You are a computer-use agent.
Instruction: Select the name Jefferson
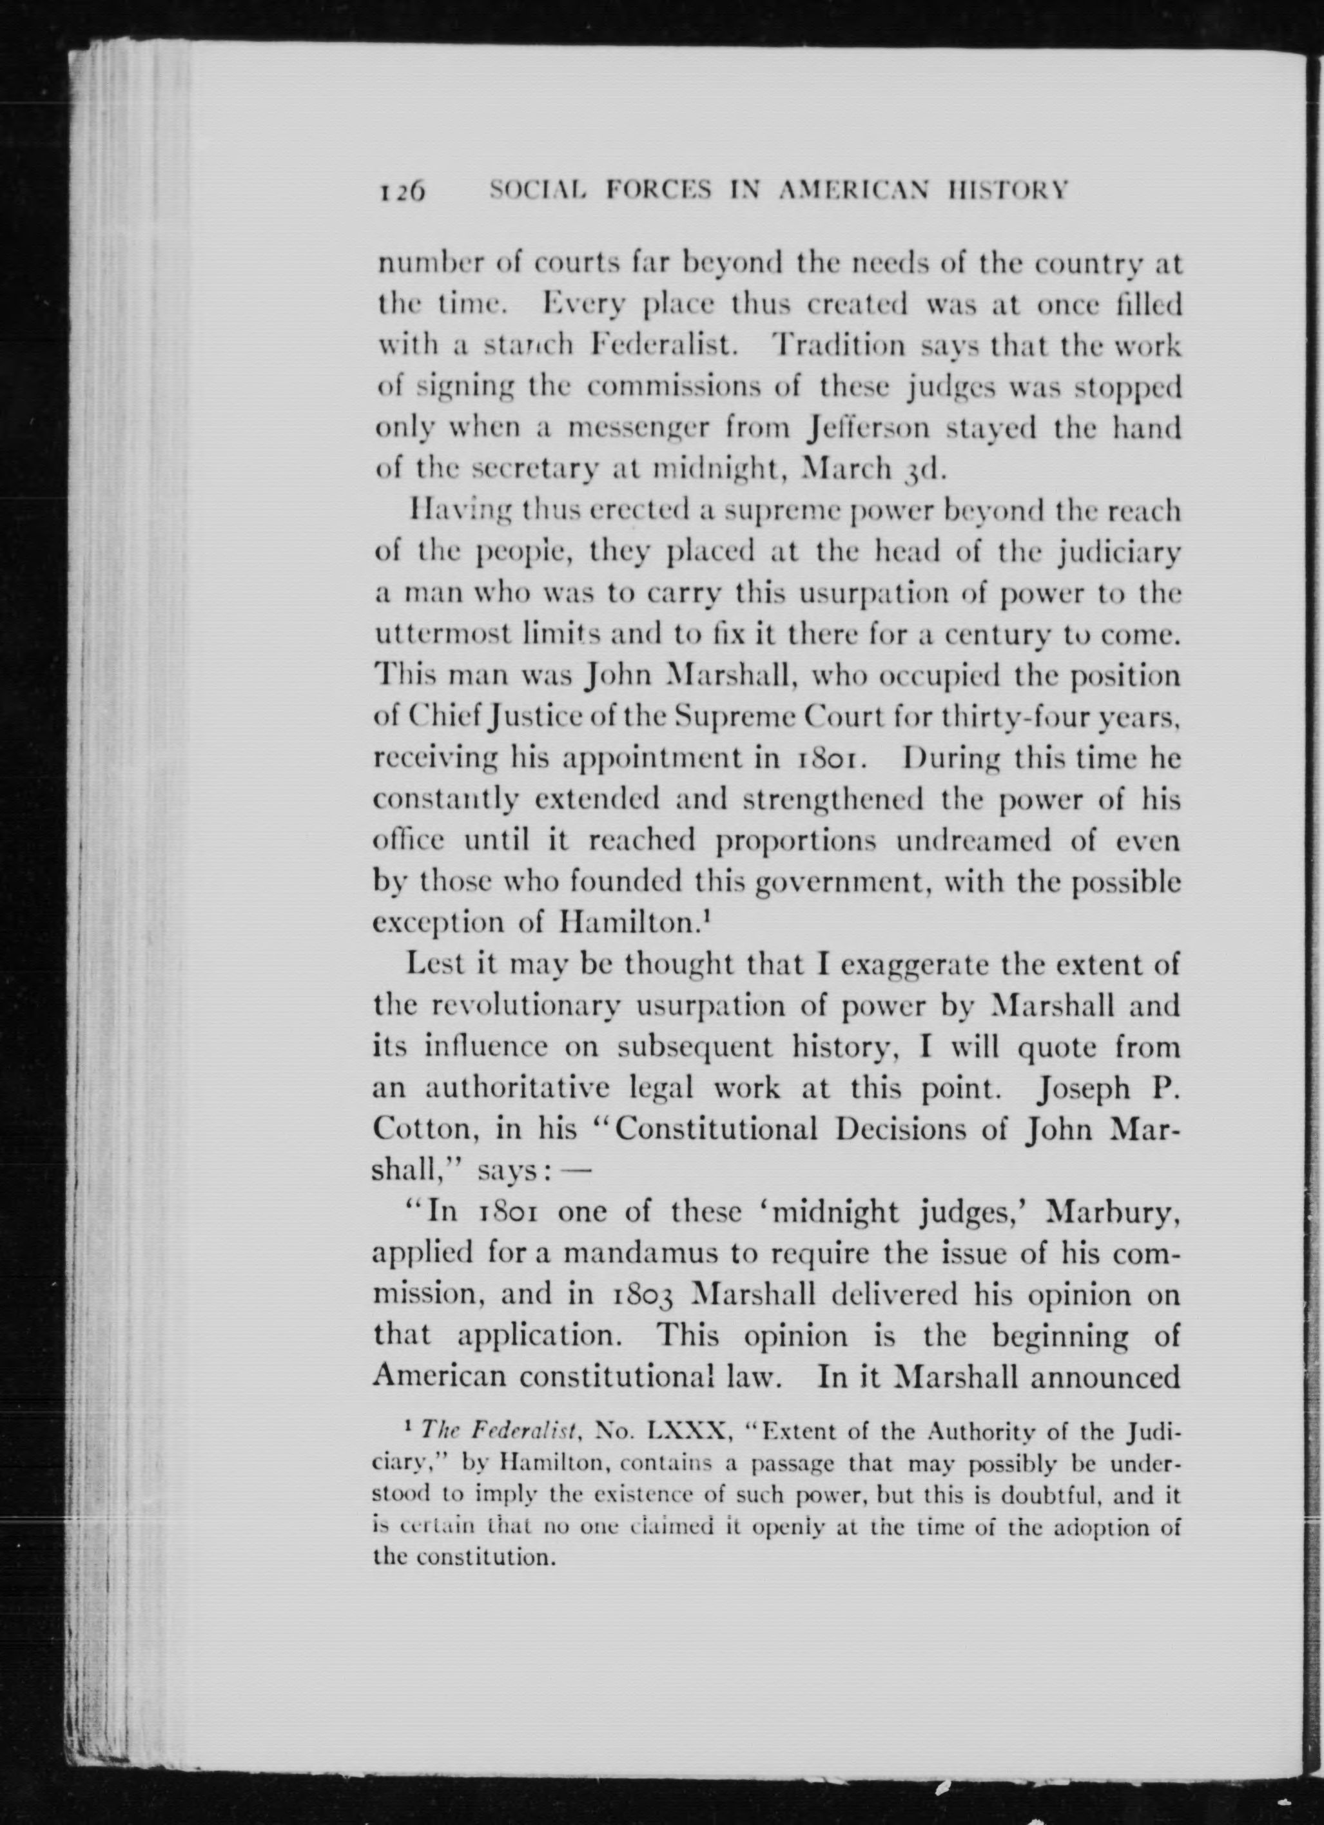tap(870, 428)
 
